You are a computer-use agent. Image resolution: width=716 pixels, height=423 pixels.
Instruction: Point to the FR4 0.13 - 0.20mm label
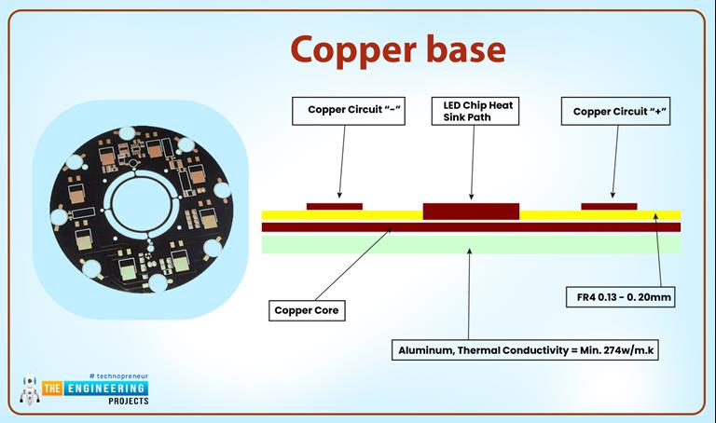(619, 298)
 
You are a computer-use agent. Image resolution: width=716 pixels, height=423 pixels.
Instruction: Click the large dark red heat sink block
(471, 210)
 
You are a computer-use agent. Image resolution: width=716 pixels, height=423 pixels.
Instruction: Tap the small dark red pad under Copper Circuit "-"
(335, 206)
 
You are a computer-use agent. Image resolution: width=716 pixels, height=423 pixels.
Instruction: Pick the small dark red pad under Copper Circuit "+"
(609, 206)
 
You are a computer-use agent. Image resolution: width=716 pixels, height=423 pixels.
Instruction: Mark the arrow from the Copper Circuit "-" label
(337, 163)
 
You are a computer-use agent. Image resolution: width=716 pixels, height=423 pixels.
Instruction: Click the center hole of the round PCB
(140, 198)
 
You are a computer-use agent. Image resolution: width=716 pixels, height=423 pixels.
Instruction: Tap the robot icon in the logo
(30, 389)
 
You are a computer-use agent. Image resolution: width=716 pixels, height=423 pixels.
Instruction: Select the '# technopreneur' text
(118, 375)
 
